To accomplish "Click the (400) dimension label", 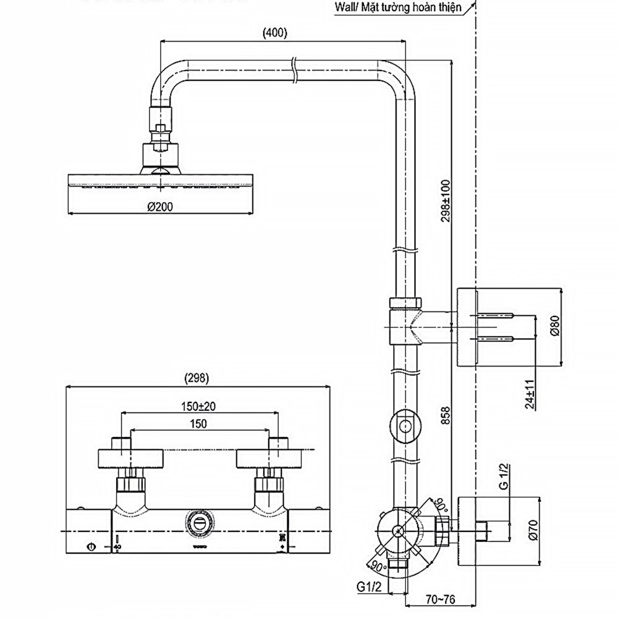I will [275, 33].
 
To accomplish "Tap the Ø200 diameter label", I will [160, 208].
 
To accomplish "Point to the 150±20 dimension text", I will [198, 406].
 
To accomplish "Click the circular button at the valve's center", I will [198, 522].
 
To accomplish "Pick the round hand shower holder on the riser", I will [405, 426].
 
